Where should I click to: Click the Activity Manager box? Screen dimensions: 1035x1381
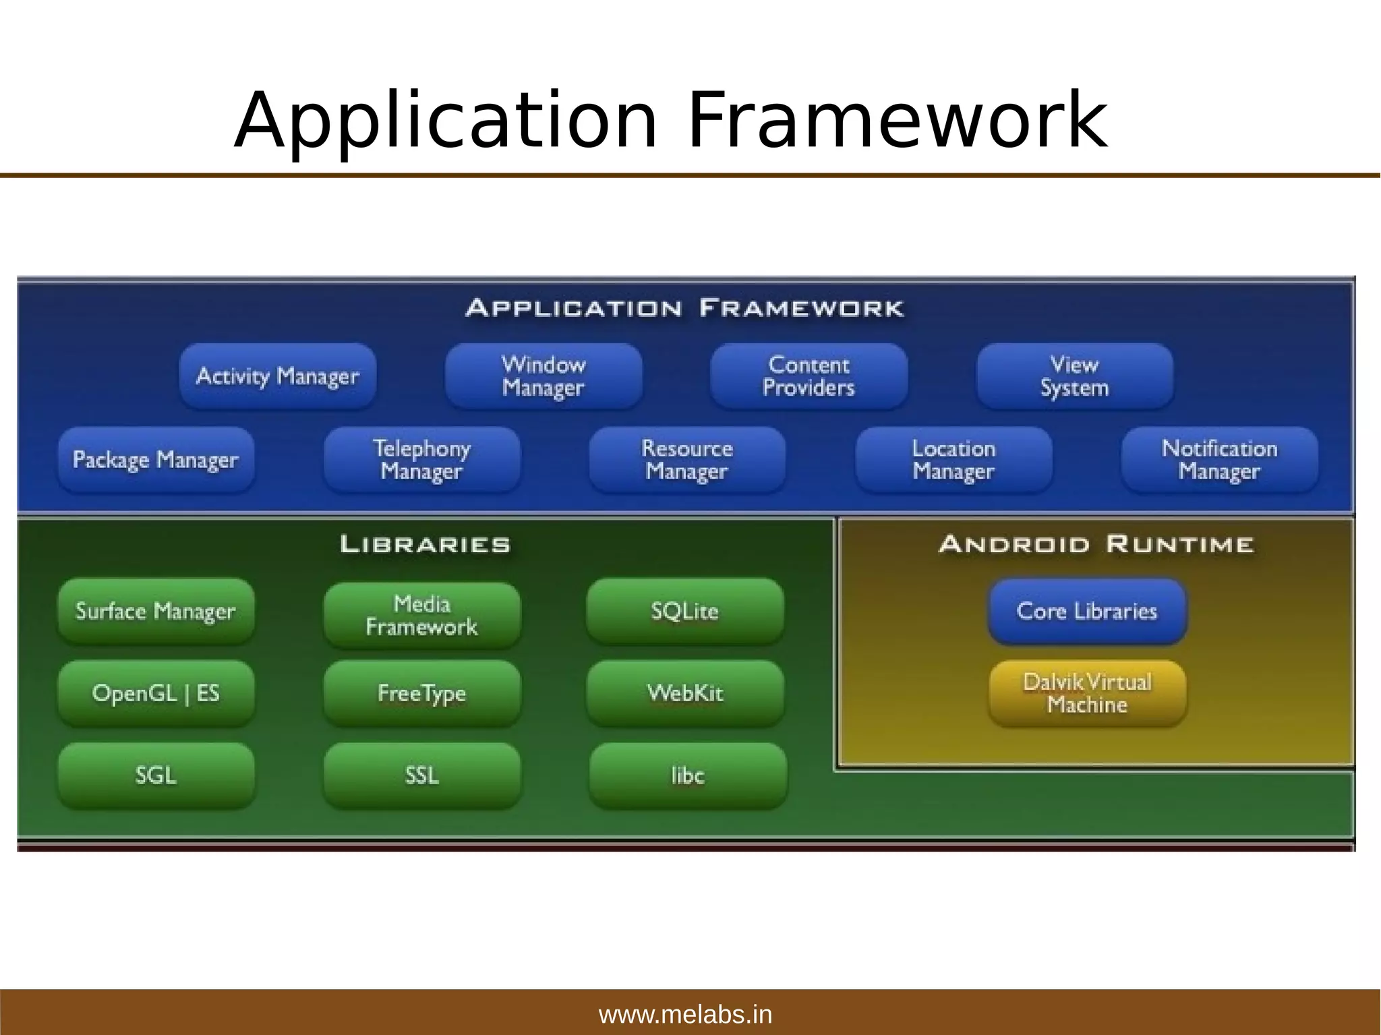(x=278, y=376)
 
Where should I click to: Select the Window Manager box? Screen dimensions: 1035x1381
(x=543, y=376)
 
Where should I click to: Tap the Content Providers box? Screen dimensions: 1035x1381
(x=809, y=376)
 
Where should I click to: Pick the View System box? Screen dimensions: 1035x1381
(x=1074, y=376)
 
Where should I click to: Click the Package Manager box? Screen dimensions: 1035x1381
(x=156, y=460)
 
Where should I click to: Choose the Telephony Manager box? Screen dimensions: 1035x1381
(x=422, y=460)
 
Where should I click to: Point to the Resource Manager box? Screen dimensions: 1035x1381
(x=687, y=460)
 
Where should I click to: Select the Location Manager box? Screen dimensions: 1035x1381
(x=953, y=460)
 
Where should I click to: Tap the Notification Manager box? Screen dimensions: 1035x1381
(x=1219, y=460)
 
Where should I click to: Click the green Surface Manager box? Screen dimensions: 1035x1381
(x=156, y=611)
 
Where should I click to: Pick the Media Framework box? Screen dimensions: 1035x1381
(x=422, y=615)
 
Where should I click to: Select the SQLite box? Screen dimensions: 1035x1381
(x=685, y=611)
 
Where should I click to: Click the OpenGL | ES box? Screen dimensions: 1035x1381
(x=156, y=693)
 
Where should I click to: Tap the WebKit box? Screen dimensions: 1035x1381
(x=685, y=693)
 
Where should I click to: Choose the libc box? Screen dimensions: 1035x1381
(x=688, y=775)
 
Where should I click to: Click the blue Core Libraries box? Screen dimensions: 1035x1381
(x=1087, y=611)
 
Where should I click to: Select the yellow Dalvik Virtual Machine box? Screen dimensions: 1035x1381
(x=1087, y=693)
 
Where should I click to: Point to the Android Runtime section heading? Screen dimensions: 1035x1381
(x=1096, y=544)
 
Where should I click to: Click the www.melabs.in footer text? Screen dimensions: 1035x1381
(x=685, y=1014)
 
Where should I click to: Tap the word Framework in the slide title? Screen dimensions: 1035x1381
(x=897, y=121)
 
